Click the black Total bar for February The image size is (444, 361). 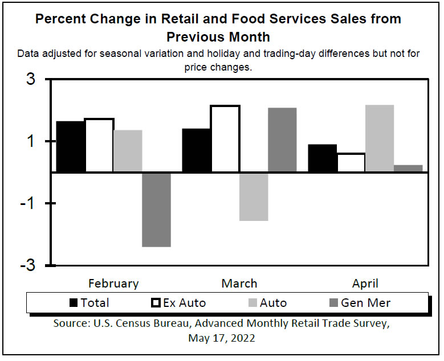71,146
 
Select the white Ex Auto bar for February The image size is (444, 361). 99,145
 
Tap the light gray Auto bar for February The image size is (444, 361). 128,151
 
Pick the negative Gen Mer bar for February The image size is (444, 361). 156,210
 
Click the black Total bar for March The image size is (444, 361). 196,150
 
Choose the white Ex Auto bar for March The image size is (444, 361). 225,138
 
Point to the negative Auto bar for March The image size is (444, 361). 254,196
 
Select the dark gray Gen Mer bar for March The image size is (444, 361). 282,140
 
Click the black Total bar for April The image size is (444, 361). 322,158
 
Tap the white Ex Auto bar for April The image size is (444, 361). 351,162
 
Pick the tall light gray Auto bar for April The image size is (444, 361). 380,138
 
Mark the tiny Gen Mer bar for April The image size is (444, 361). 408,169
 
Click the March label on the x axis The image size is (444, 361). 239,284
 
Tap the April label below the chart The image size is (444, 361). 365,284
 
